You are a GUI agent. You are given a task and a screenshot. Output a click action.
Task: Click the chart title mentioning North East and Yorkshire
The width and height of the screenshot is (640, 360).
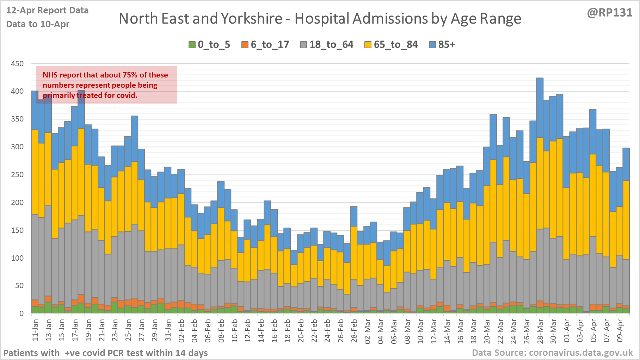(320, 19)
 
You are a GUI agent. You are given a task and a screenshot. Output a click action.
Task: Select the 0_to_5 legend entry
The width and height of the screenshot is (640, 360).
(209, 45)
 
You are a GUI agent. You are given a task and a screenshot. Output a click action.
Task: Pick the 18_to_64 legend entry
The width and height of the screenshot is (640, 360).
(327, 45)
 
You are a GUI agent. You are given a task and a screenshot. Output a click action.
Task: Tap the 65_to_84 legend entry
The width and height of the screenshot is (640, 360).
(391, 45)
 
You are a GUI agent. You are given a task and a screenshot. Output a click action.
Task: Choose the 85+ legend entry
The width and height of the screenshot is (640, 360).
(442, 45)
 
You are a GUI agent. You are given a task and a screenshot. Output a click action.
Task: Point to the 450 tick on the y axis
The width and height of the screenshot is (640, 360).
(17, 64)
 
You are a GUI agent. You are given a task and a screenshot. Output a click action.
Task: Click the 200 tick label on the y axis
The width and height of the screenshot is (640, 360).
(17, 203)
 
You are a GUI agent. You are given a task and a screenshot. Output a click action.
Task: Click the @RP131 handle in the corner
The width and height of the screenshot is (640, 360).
(610, 13)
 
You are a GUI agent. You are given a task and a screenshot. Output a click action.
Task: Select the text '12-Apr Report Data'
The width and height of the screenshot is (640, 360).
(47, 11)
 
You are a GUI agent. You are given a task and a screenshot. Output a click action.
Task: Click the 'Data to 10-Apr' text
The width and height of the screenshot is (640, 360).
(38, 24)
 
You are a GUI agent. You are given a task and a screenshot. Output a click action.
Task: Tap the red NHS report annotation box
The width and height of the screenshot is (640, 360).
(106, 85)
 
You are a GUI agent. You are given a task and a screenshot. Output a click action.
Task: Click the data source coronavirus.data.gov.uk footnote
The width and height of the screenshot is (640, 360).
(552, 353)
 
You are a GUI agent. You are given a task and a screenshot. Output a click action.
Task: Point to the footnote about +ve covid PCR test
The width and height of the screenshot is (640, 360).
(105, 353)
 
